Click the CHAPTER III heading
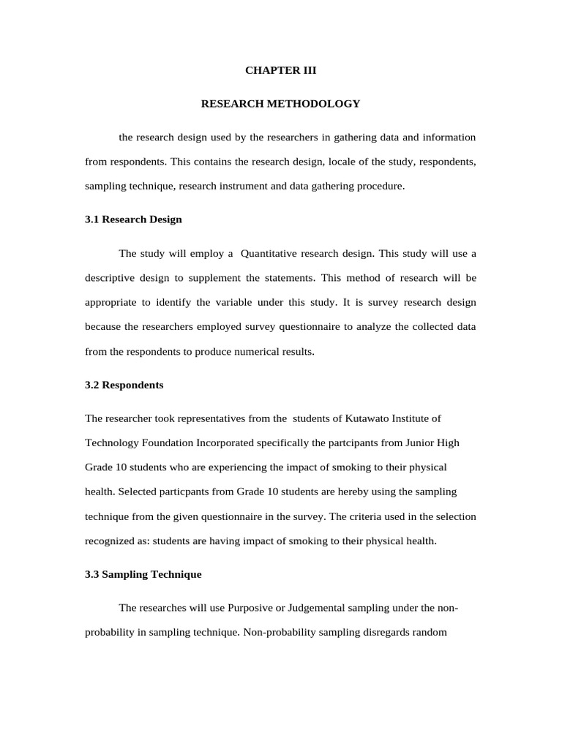(280, 70)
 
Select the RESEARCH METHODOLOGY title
(280, 104)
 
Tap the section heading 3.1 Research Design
(133, 219)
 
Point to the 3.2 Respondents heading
(124, 385)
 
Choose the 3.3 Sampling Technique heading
(143, 575)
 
